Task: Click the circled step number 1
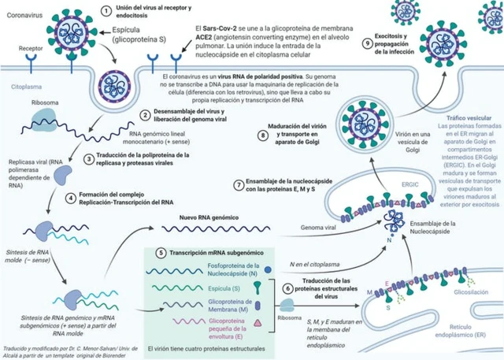pos(107,9)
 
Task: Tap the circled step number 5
pos(161,253)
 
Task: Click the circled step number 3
pos(89,157)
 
